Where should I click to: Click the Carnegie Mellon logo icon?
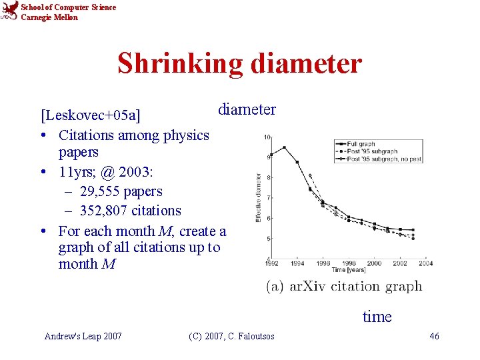pyautogui.click(x=9, y=11)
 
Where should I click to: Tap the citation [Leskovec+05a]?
pyautogui.click(x=91, y=115)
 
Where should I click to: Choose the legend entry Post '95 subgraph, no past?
pyautogui.click(x=379, y=159)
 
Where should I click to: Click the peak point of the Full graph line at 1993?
pyautogui.click(x=284, y=147)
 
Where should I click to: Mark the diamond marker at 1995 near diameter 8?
pyautogui.click(x=310, y=176)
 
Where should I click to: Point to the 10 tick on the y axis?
pyautogui.click(x=267, y=137)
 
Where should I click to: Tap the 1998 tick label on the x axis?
pyautogui.click(x=349, y=263)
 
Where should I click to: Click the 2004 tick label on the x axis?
pyautogui.click(x=425, y=263)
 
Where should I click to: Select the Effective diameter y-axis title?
pyautogui.click(x=259, y=198)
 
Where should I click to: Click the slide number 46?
pyautogui.click(x=434, y=336)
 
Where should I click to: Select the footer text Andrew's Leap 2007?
pyautogui.click(x=83, y=336)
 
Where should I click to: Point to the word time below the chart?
pyautogui.click(x=377, y=317)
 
